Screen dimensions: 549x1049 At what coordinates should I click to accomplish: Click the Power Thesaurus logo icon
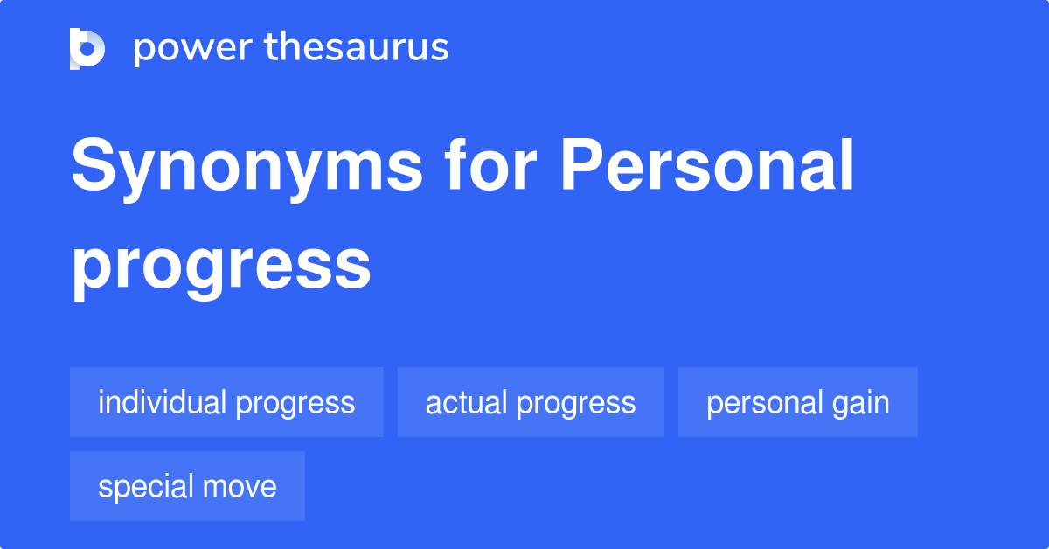[87, 48]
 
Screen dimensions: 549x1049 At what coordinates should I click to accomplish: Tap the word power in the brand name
[191, 48]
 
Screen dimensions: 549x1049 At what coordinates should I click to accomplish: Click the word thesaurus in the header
[356, 48]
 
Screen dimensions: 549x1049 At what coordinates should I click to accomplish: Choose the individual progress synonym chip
[226, 402]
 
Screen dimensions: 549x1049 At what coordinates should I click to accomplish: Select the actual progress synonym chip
[531, 402]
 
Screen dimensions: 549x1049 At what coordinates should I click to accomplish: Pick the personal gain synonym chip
[797, 402]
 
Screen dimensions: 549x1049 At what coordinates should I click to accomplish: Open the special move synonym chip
[187, 486]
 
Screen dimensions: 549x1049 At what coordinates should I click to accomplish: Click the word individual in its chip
[163, 402]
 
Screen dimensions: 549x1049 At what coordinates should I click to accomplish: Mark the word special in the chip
[145, 487]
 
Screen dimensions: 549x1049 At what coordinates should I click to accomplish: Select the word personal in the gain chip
[763, 402]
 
